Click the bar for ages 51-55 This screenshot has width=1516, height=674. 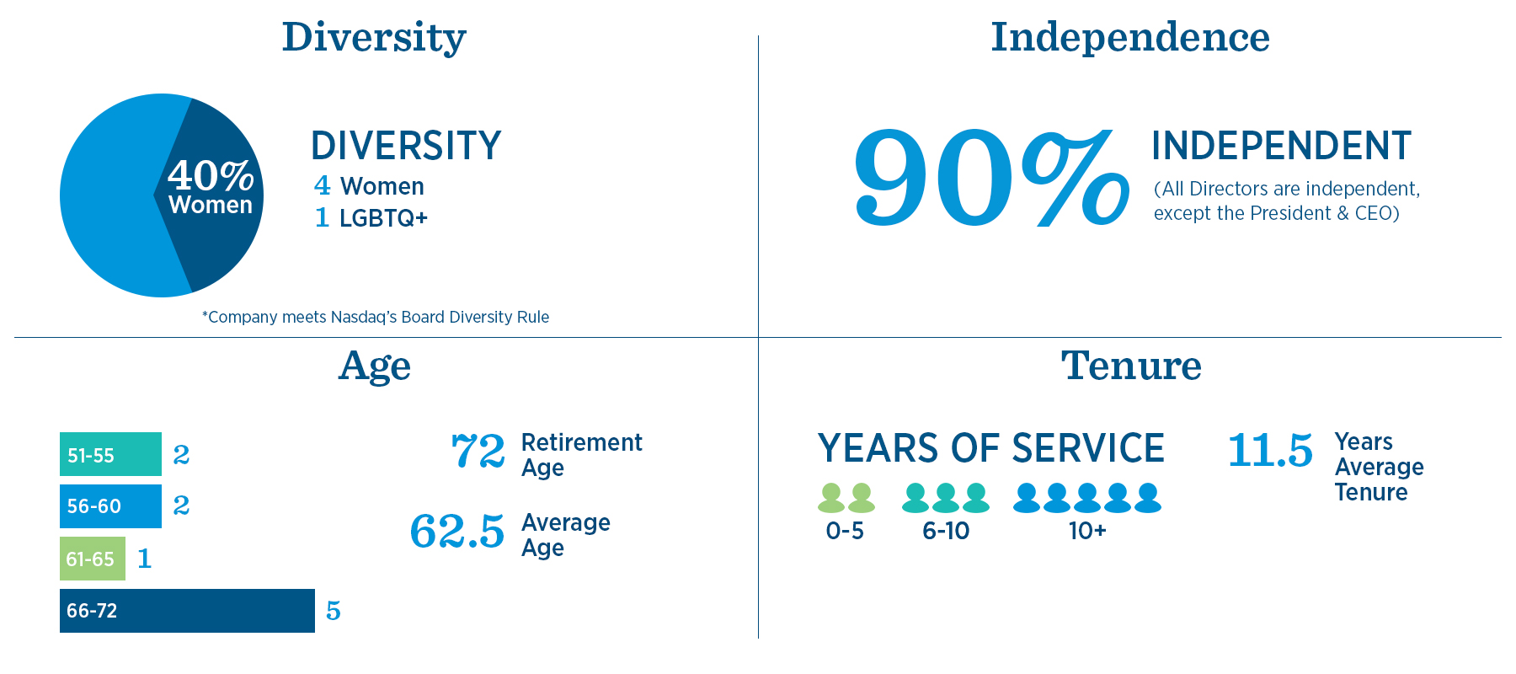pos(110,454)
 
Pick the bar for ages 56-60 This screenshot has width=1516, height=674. pos(110,506)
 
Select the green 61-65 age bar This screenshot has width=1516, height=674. pos(93,559)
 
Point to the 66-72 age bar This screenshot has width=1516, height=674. pos(187,611)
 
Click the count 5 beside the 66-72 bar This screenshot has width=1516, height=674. pos(334,611)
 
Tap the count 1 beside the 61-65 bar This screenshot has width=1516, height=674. pos(145,559)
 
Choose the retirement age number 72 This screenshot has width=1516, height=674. pos(478,451)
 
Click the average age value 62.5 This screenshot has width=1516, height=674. pos(457,532)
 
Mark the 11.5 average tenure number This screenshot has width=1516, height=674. pos(1270,450)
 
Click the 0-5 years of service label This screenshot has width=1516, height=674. pos(845,531)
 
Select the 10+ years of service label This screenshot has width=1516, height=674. pos(1087,531)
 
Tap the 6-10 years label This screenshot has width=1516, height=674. pos(946,531)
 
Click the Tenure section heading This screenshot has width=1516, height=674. pos(1131,366)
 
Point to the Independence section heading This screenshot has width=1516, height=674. pos(1130,37)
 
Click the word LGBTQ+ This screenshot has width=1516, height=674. pos(384,218)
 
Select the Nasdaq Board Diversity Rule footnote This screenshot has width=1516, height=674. pos(376,317)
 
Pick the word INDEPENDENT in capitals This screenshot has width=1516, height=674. pos(1281,146)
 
